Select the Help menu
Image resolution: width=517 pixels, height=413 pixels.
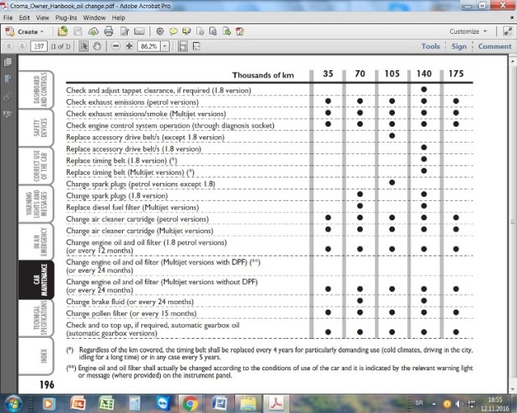119,17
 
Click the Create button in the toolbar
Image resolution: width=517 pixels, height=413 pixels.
27,31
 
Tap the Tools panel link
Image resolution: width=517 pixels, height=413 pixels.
431,46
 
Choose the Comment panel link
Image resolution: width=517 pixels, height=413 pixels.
494,46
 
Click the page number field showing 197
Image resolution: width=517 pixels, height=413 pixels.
39,46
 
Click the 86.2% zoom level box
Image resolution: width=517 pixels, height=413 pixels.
149,46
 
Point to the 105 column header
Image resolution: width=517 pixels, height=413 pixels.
392,74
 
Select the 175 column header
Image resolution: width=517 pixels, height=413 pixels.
456,74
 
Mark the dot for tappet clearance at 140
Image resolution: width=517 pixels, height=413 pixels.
424,90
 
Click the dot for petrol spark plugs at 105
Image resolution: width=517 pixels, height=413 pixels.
392,183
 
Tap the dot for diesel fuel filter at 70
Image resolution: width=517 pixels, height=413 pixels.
359,206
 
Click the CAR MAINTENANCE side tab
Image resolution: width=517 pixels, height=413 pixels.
36,279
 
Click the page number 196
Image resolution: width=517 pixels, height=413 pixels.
48,385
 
